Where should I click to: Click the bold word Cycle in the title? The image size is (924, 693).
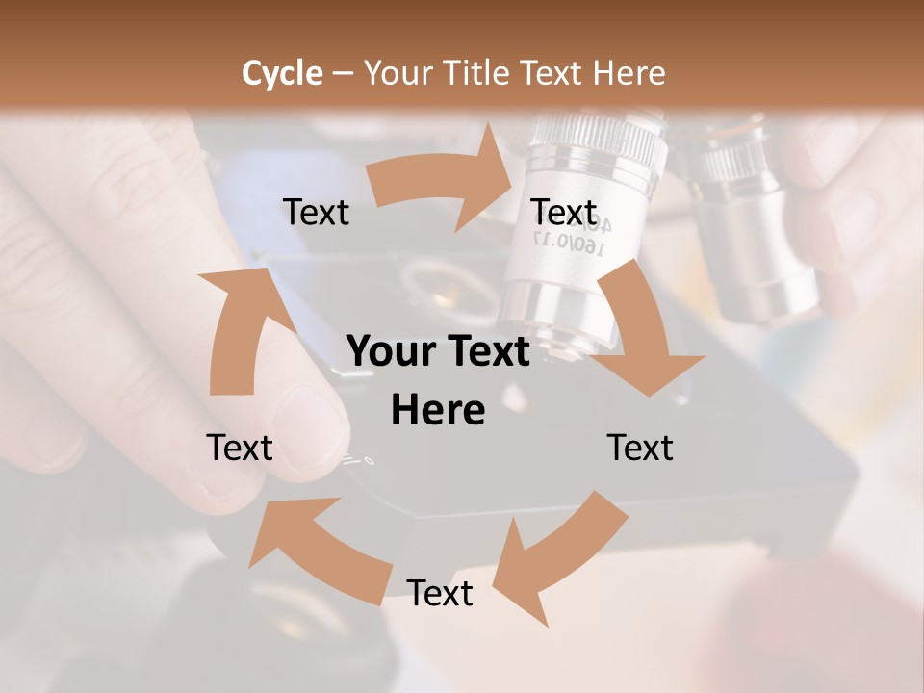[282, 73]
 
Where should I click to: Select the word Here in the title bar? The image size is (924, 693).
[629, 73]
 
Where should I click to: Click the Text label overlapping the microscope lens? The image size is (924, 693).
[564, 212]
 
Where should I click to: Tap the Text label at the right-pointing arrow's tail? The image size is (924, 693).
[316, 212]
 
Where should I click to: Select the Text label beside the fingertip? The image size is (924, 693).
[240, 448]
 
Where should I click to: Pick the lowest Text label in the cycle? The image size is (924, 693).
[440, 593]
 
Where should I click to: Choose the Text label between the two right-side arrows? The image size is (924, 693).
[640, 448]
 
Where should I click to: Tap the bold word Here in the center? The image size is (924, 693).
[438, 410]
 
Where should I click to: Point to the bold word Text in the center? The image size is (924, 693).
[485, 352]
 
